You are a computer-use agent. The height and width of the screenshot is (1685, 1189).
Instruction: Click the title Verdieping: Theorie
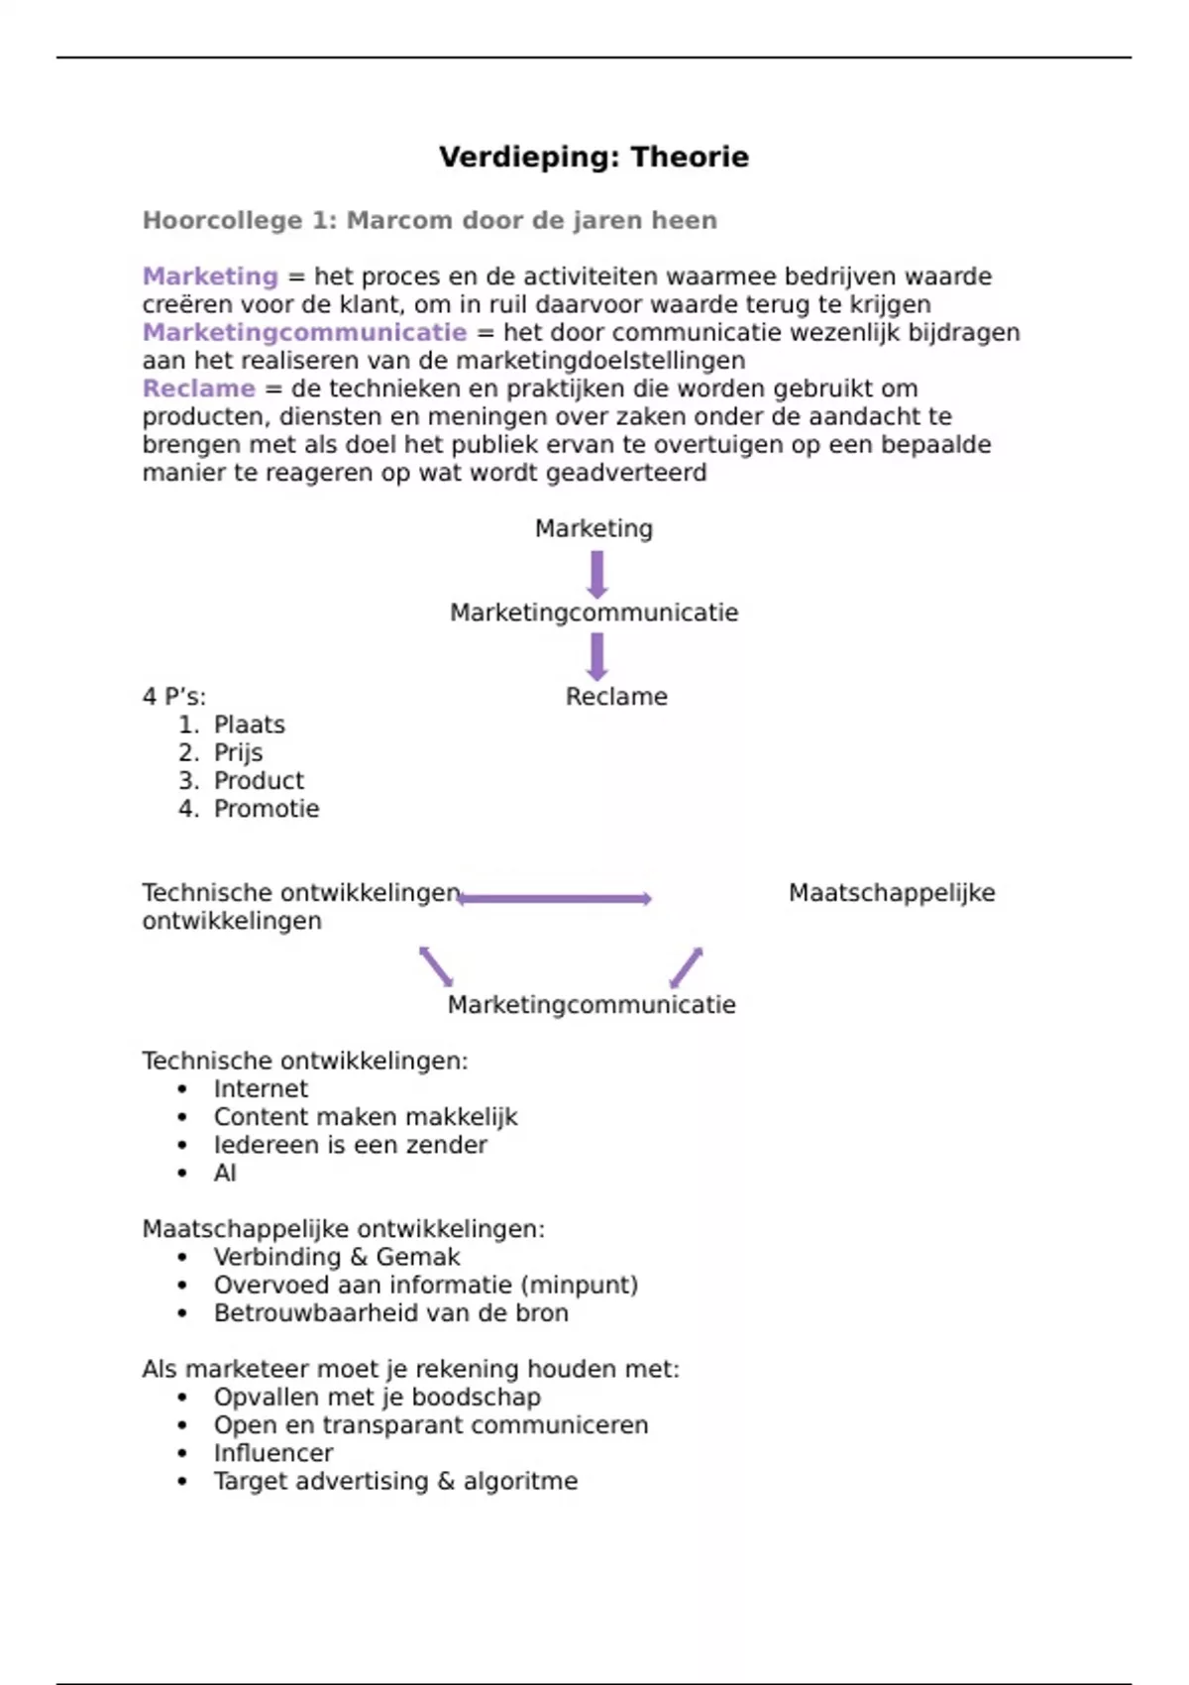[x=594, y=157]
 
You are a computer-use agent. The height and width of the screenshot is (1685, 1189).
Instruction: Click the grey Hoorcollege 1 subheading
[x=429, y=220]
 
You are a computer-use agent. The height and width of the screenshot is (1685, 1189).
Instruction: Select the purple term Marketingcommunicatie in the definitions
[x=304, y=332]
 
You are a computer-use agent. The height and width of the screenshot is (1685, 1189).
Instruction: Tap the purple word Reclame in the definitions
[x=198, y=389]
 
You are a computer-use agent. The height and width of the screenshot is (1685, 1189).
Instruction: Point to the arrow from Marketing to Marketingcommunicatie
[x=596, y=573]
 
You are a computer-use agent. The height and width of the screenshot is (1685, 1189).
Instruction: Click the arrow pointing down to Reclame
[x=596, y=656]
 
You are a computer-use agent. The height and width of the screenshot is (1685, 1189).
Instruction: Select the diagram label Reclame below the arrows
[x=616, y=697]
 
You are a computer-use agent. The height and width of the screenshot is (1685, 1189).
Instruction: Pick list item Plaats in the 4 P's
[x=249, y=725]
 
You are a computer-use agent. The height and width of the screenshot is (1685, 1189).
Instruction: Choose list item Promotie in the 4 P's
[x=267, y=809]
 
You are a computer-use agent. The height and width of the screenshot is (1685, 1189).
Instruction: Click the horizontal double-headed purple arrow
[x=555, y=898]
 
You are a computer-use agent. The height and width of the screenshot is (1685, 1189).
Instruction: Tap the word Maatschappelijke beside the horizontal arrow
[x=892, y=893]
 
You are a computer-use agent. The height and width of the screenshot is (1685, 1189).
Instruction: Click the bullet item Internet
[x=261, y=1089]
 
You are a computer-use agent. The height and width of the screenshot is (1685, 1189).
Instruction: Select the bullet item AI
[x=225, y=1174]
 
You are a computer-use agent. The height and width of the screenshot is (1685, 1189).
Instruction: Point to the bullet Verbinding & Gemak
[x=337, y=1257]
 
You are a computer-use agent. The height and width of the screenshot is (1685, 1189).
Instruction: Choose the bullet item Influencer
[x=273, y=1453]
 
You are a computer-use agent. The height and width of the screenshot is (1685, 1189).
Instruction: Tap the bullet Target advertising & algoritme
[x=395, y=1481]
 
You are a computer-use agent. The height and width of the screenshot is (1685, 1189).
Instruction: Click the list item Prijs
[x=238, y=752]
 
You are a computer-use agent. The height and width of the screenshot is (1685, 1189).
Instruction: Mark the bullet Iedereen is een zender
[x=350, y=1145]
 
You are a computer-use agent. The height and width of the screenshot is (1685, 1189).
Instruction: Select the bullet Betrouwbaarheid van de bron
[x=390, y=1313]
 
